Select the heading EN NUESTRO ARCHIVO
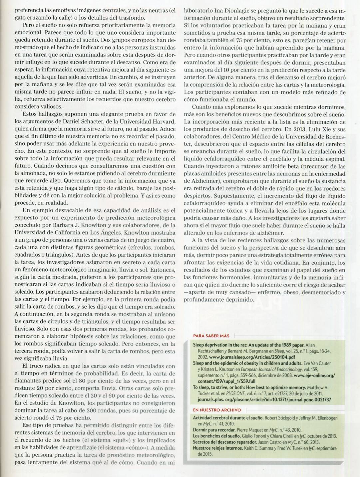click(217, 410)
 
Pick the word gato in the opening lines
click(21, 18)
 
